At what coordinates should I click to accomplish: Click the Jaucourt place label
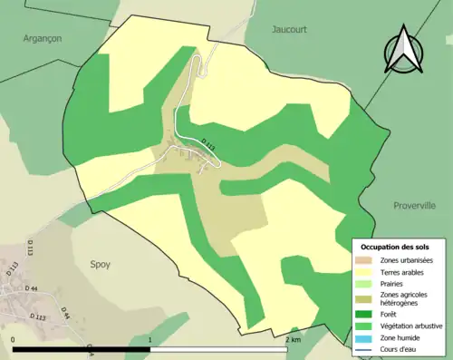point(289,29)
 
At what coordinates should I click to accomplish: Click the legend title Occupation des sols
point(395,247)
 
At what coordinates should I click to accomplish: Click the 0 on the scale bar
point(14,339)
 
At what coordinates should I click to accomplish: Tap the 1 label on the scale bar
point(149,339)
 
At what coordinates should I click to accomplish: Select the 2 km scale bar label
point(292,339)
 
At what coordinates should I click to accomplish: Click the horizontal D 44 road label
point(31,288)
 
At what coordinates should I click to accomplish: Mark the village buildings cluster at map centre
point(195,159)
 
